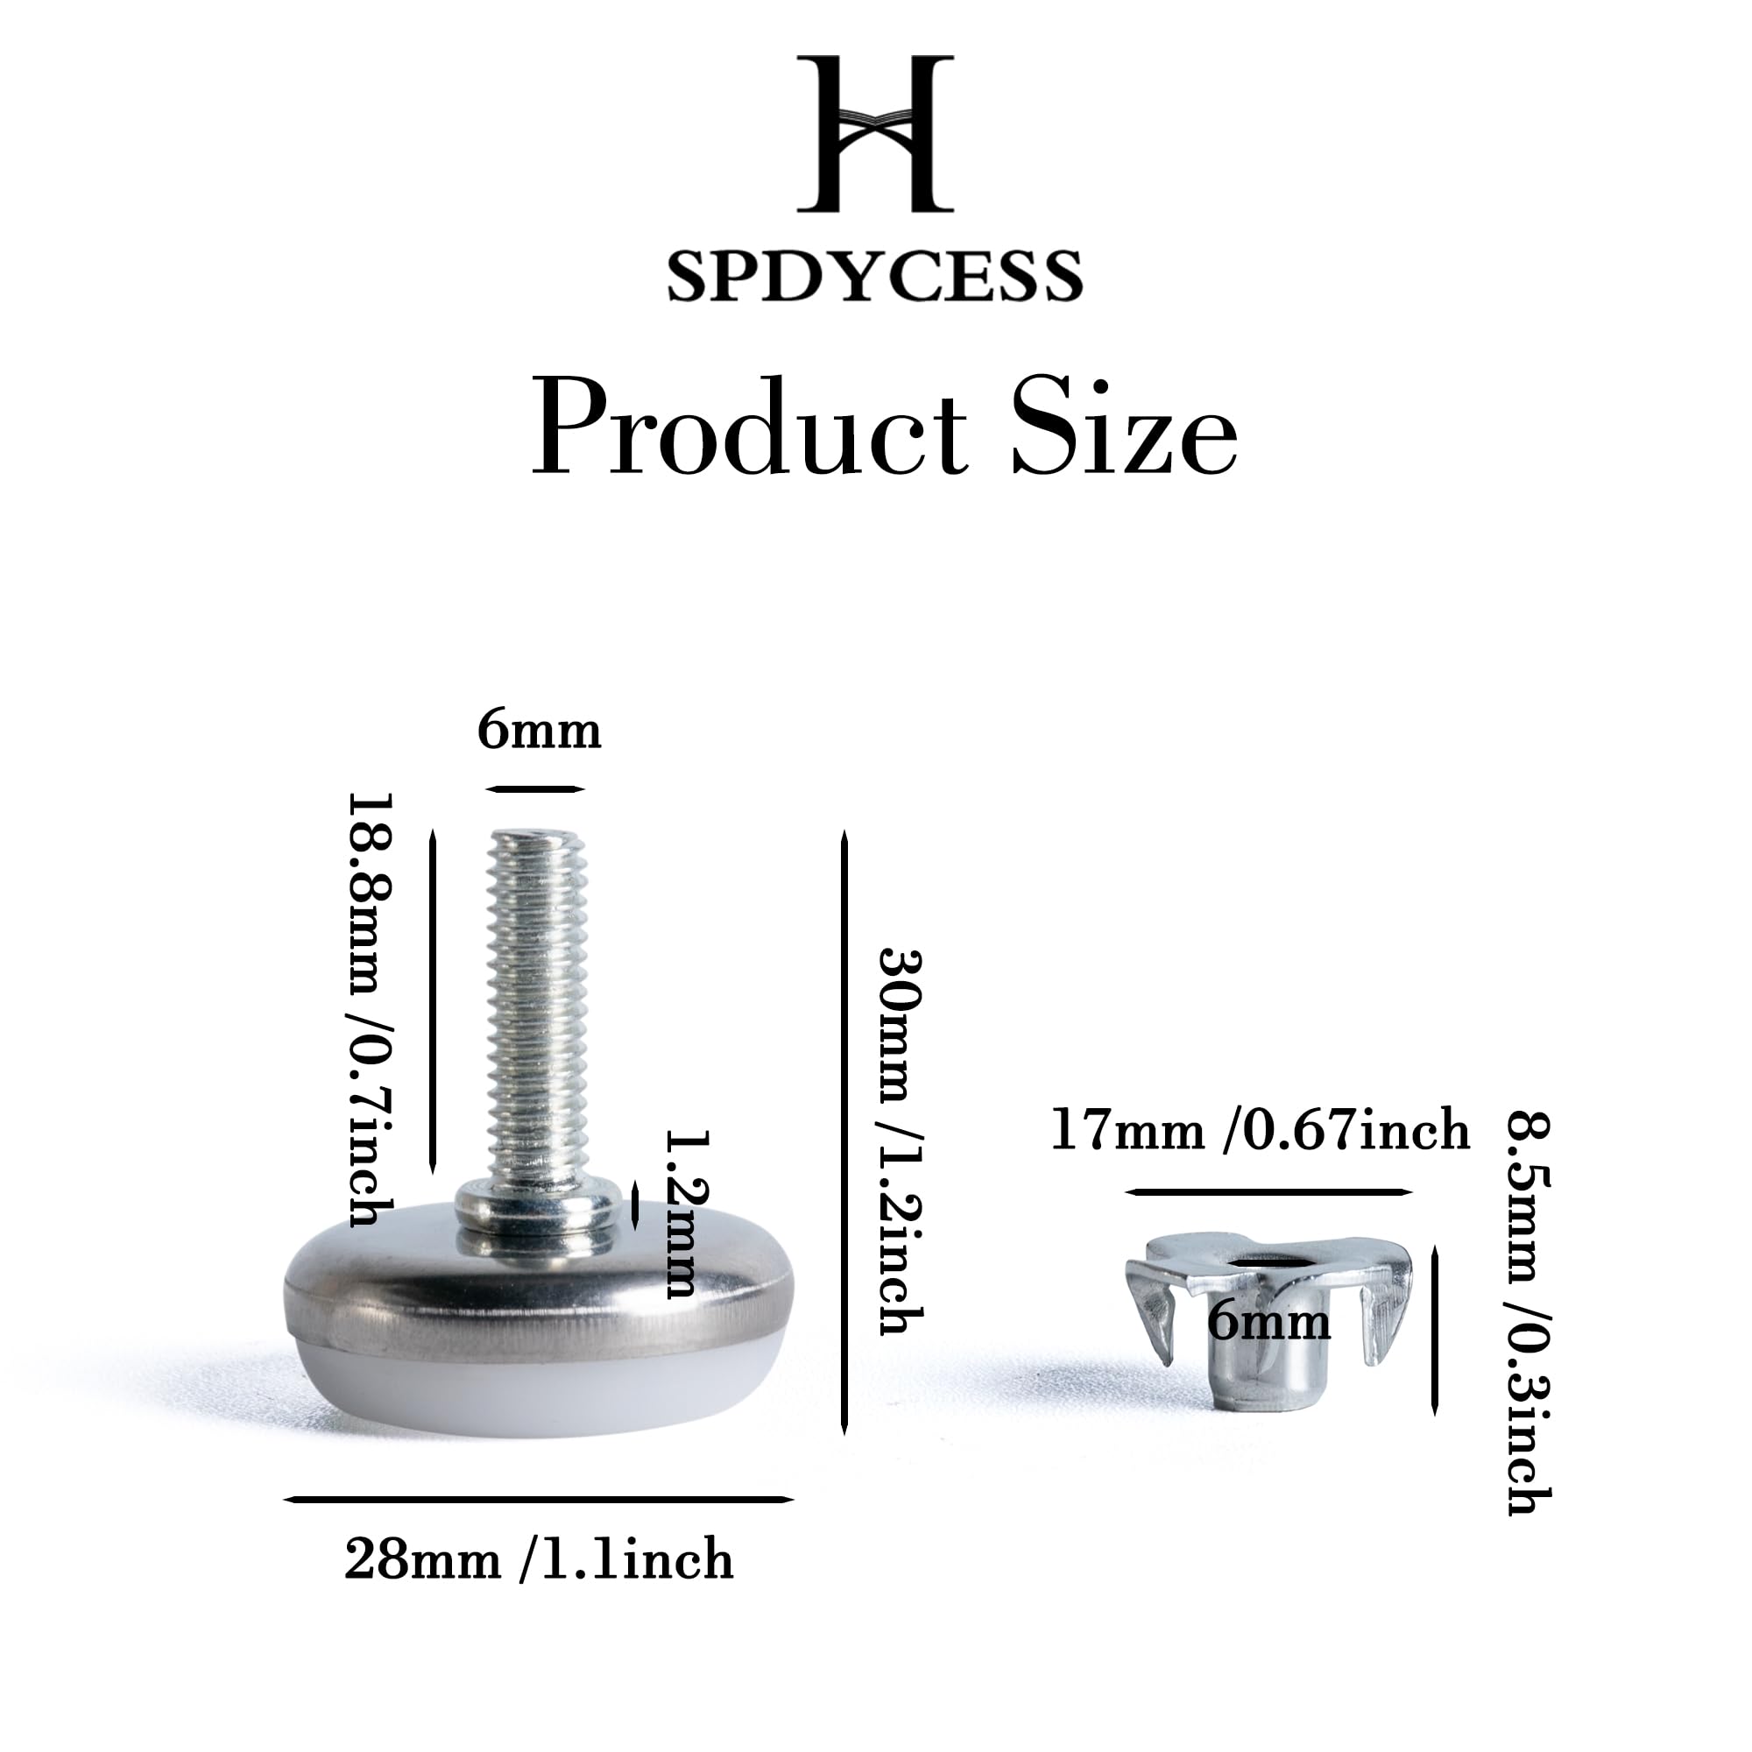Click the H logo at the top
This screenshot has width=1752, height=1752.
click(875, 133)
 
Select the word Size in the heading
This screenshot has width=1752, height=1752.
click(1125, 429)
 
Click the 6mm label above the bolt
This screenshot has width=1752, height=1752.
click(540, 731)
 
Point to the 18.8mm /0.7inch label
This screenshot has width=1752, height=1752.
click(371, 1009)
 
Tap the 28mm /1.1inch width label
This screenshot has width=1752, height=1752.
click(539, 1560)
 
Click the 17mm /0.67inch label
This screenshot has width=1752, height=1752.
click(1260, 1130)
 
